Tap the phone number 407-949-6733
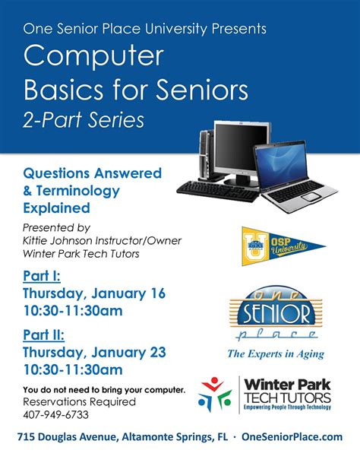coord(55,416)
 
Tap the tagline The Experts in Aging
coord(275,353)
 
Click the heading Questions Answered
coord(92,173)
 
